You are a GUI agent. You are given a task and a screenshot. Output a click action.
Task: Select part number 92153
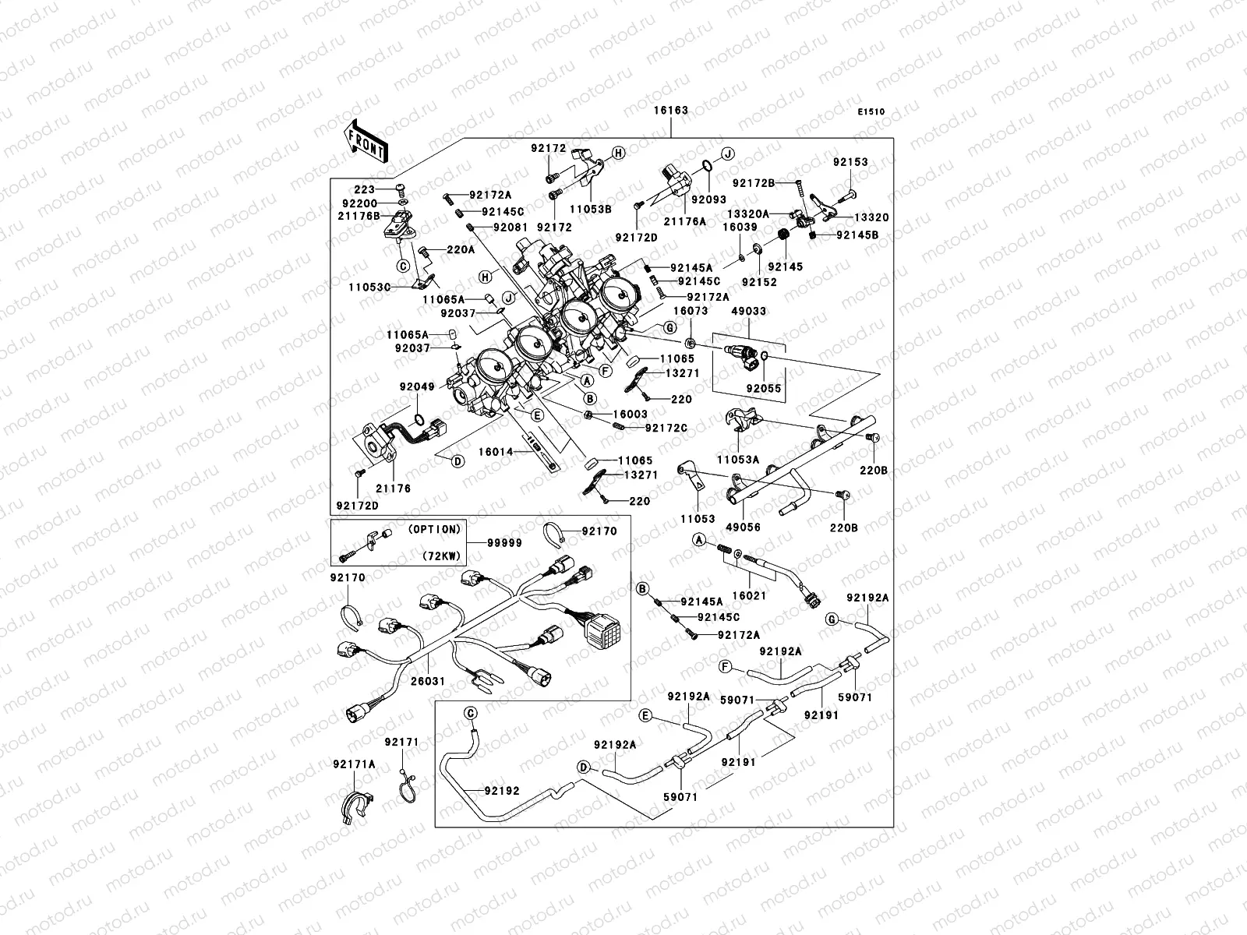pyautogui.click(x=850, y=163)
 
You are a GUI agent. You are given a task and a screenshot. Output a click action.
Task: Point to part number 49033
pyautogui.click(x=748, y=312)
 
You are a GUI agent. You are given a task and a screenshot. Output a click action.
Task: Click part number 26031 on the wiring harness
pyautogui.click(x=429, y=681)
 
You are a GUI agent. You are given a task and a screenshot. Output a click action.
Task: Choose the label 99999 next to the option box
pyautogui.click(x=505, y=543)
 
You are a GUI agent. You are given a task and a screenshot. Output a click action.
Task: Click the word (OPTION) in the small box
pyautogui.click(x=434, y=529)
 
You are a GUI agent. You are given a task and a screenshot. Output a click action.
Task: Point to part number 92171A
pyautogui.click(x=354, y=764)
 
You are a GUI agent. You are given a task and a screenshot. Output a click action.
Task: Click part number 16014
pyautogui.click(x=496, y=451)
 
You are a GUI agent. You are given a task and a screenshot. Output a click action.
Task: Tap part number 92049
pyautogui.click(x=417, y=386)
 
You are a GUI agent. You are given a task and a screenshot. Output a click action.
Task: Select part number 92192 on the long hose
pyautogui.click(x=501, y=790)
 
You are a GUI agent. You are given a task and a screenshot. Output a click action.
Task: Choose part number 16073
pyautogui.click(x=690, y=312)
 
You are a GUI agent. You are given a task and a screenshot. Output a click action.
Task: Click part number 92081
pyautogui.click(x=510, y=228)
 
